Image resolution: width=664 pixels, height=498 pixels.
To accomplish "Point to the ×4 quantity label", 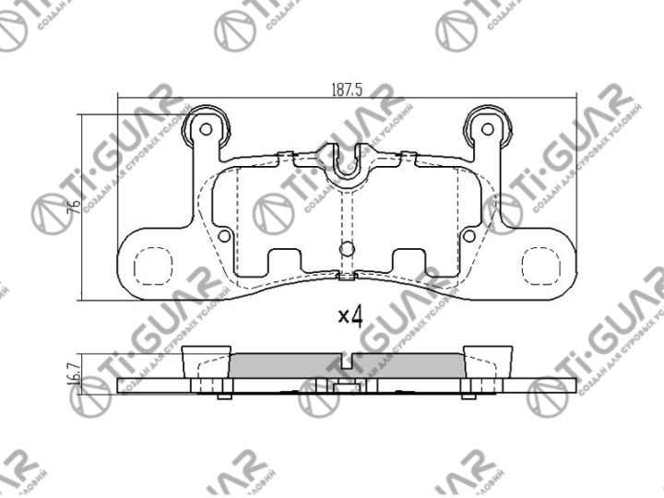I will pyautogui.click(x=350, y=316).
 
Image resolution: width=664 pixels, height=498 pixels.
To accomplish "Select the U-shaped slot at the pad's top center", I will pyautogui.click(x=347, y=164).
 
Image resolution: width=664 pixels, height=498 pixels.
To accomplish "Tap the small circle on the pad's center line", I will pyautogui.click(x=347, y=248).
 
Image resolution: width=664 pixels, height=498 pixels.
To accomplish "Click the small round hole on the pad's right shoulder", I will pyautogui.click(x=468, y=236).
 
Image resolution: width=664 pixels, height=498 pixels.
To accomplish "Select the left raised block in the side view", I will pyautogui.click(x=208, y=361).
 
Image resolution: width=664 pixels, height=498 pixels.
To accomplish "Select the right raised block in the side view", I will pyautogui.click(x=487, y=361).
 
